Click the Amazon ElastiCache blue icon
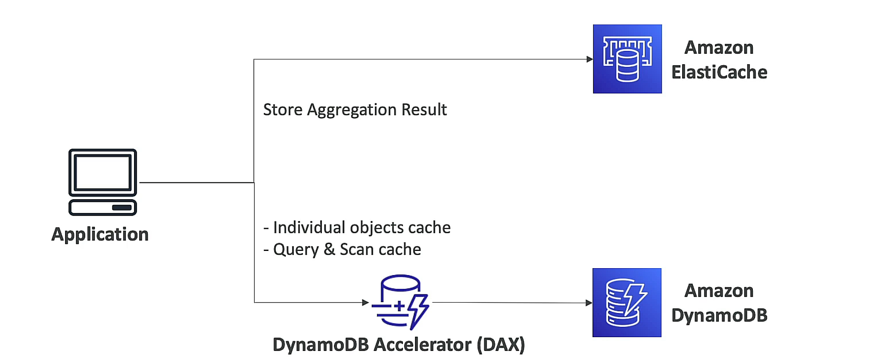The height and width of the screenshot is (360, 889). pyautogui.click(x=627, y=59)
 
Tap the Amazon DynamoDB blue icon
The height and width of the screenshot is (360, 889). pyautogui.click(x=627, y=303)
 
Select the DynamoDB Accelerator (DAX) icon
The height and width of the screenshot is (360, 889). pyautogui.click(x=400, y=302)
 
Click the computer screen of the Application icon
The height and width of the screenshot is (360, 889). pyautogui.click(x=103, y=172)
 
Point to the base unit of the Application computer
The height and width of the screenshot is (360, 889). pyautogui.click(x=103, y=207)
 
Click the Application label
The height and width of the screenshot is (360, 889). pyautogui.click(x=100, y=235)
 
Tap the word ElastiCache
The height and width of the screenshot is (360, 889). pyautogui.click(x=719, y=72)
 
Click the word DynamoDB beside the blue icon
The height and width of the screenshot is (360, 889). pyautogui.click(x=719, y=316)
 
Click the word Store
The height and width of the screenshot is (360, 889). pyautogui.click(x=283, y=110)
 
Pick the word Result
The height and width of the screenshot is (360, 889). pyautogui.click(x=424, y=110)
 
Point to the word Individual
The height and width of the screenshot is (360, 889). pyautogui.click(x=309, y=228)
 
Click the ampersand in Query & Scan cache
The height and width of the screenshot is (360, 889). pyautogui.click(x=329, y=250)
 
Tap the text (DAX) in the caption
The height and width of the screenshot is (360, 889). pyautogui.click(x=501, y=345)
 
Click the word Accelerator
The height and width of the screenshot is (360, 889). pyautogui.click(x=422, y=345)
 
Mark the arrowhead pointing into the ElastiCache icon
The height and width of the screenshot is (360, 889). pyautogui.click(x=590, y=59)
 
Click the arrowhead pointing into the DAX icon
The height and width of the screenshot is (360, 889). pyautogui.click(x=365, y=302)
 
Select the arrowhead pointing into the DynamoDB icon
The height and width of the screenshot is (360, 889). pyautogui.click(x=589, y=303)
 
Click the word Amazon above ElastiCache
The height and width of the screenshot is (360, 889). pyautogui.click(x=719, y=48)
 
